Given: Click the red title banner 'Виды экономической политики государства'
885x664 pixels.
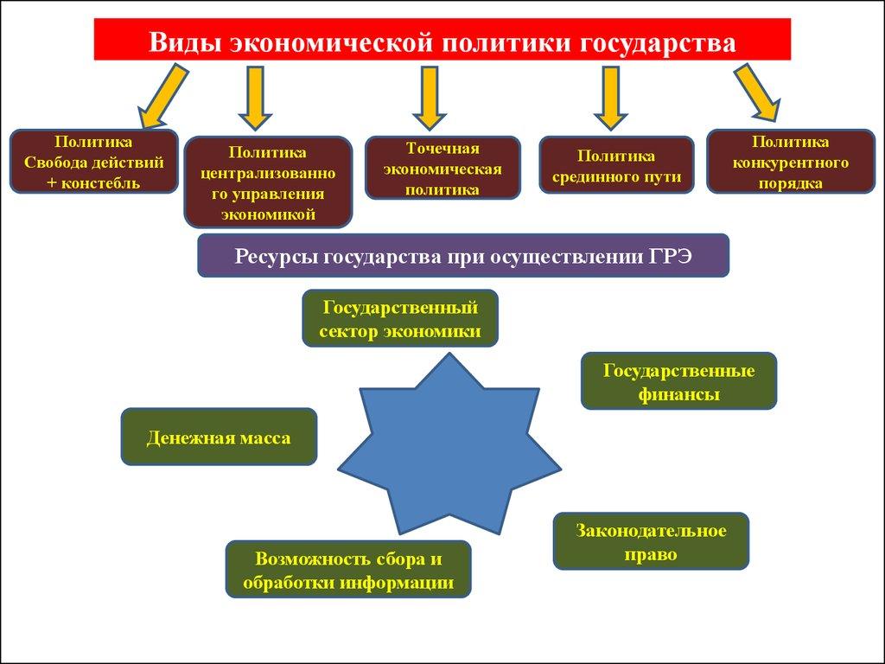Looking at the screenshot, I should click(x=442, y=40).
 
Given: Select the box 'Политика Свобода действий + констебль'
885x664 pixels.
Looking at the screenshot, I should click(x=93, y=161).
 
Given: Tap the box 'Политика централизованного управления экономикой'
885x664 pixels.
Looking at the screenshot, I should click(x=268, y=182).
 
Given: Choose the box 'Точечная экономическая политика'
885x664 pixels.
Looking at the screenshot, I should click(x=442, y=168).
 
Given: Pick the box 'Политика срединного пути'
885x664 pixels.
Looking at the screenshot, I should click(x=616, y=165).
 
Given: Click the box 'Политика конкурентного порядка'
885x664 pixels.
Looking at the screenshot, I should click(x=790, y=161).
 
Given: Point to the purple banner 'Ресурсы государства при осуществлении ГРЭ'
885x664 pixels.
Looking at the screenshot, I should click(x=463, y=255).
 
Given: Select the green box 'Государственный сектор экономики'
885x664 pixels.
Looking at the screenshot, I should click(x=400, y=318).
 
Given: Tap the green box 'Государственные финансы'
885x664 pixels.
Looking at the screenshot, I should click(x=678, y=380).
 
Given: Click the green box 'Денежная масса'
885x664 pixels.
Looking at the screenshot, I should click(x=219, y=437).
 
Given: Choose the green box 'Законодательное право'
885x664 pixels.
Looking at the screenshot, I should click(x=651, y=541).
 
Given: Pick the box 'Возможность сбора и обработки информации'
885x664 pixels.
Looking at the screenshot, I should click(x=348, y=569).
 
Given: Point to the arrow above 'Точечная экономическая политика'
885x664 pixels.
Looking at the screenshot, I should click(x=430, y=97).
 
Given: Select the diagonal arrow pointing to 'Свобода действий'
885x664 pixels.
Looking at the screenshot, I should click(x=162, y=95).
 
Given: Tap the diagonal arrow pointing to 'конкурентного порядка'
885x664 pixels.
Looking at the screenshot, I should click(x=757, y=92).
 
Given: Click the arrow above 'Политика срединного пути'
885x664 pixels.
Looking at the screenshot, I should click(x=611, y=97).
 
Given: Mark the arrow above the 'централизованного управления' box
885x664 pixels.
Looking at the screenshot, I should click(x=255, y=97).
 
